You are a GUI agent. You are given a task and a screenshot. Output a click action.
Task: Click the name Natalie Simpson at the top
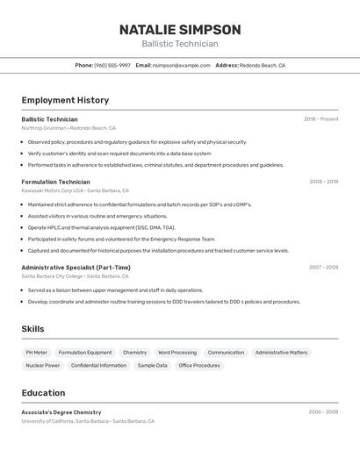[180, 29]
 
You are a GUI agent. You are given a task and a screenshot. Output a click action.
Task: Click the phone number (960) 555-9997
[112, 65]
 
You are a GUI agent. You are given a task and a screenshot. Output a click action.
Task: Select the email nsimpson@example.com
[182, 65]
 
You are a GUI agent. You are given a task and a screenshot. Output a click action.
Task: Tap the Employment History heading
[65, 100]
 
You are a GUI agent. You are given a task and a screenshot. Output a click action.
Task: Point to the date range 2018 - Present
[320, 118]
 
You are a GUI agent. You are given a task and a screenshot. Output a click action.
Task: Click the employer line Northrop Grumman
[68, 127]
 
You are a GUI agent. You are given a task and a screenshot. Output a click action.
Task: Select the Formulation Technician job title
[55, 182]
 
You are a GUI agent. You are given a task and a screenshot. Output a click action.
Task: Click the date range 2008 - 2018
[323, 182]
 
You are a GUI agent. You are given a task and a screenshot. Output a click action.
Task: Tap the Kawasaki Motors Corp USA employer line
[75, 190]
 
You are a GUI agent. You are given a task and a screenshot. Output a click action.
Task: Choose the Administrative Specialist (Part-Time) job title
[76, 268]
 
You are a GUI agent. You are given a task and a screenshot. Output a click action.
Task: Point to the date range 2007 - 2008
[323, 268]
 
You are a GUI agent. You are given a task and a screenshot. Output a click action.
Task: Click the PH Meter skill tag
[36, 353]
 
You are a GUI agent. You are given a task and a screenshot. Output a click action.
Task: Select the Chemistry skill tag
[134, 353]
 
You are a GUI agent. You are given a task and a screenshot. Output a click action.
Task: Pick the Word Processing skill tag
[177, 353]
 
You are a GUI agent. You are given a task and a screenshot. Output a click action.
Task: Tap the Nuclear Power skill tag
[42, 365]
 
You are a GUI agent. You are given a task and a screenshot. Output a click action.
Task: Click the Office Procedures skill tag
[199, 365]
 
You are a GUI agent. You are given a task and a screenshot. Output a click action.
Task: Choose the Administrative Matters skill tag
[281, 353]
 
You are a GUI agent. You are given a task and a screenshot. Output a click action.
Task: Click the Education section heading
[43, 393]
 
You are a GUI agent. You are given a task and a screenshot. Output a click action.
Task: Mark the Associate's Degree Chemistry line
[61, 412]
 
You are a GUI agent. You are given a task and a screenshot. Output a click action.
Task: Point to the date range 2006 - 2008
[323, 411]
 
